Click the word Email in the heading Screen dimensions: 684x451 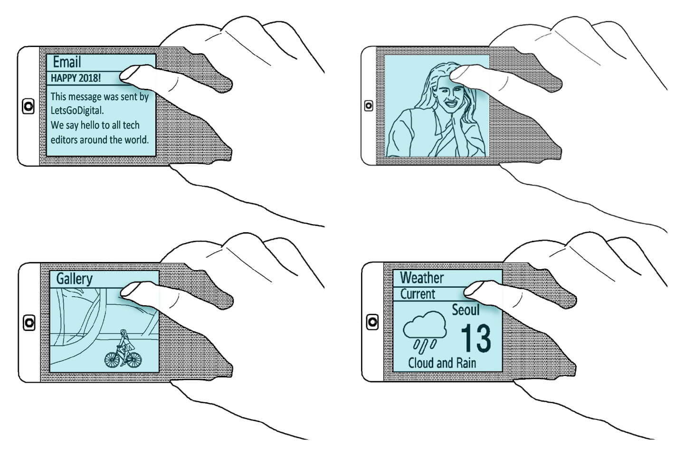(x=67, y=62)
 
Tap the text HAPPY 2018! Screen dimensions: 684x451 (x=76, y=78)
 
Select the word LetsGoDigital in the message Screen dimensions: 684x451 (x=76, y=110)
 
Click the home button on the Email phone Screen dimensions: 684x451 (x=28, y=106)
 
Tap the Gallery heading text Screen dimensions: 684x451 (x=75, y=279)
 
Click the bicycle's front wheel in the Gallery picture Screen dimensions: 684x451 (x=112, y=360)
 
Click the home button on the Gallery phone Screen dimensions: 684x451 (x=29, y=322)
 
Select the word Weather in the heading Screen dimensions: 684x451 (x=422, y=278)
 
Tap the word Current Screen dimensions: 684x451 (x=418, y=294)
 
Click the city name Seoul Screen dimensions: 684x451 (x=465, y=310)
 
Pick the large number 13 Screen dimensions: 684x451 (x=475, y=338)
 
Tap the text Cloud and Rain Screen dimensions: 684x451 (x=442, y=363)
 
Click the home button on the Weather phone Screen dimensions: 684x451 (x=372, y=322)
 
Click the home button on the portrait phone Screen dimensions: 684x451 (x=369, y=106)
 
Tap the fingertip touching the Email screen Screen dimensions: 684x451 (x=128, y=74)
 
